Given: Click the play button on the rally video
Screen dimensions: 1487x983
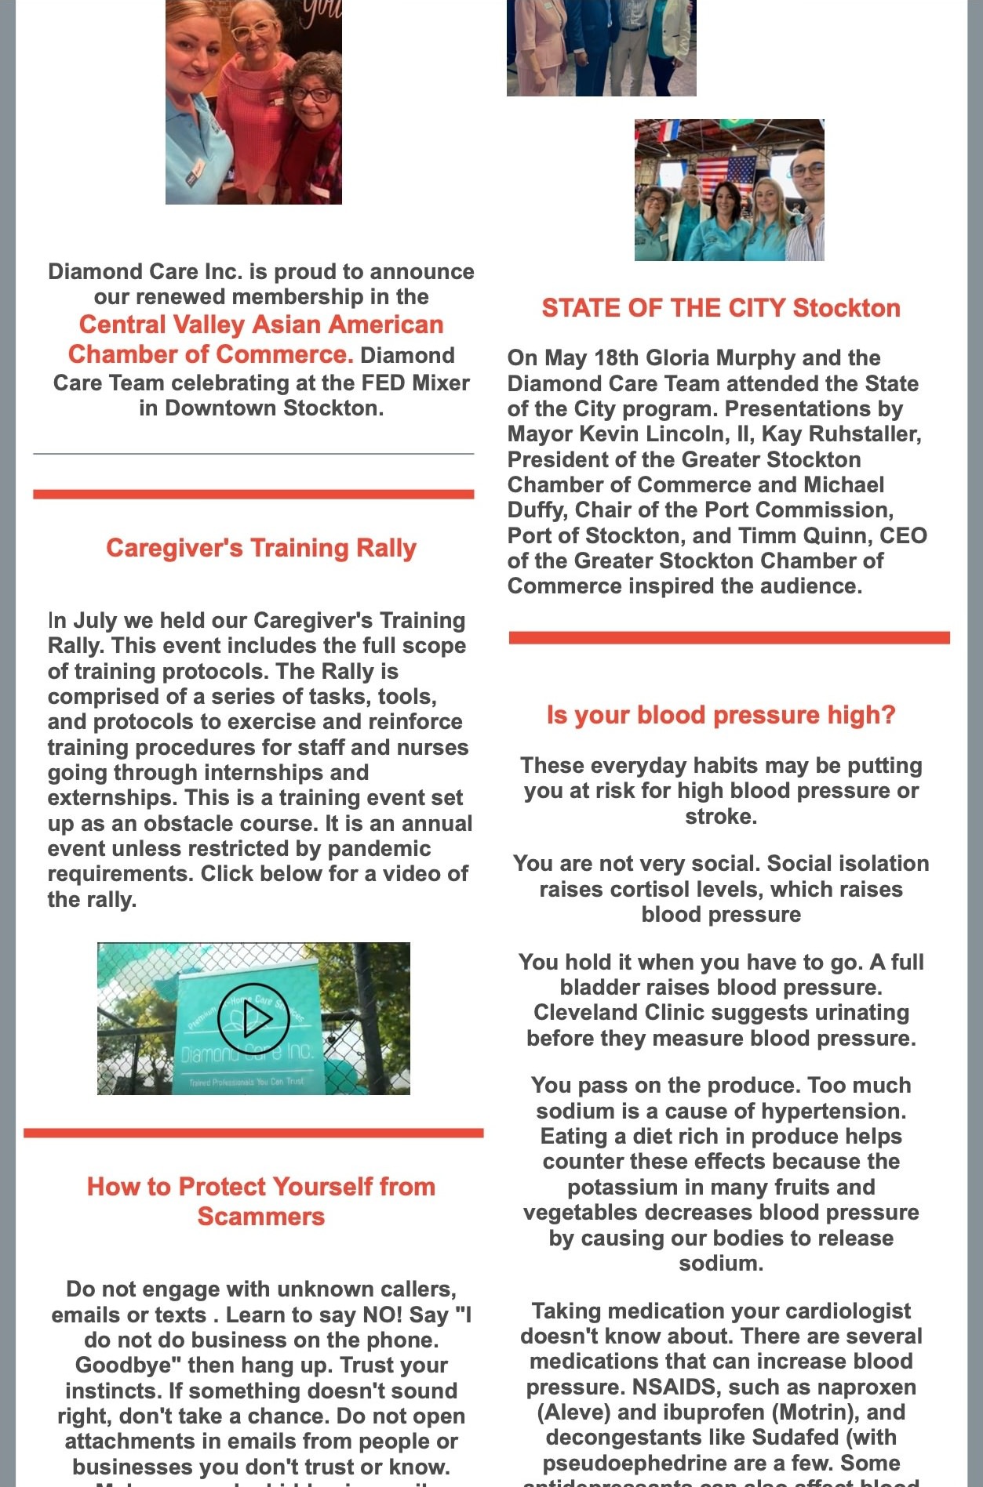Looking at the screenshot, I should [x=253, y=1017].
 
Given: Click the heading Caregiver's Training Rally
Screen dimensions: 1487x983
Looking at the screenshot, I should [x=261, y=548].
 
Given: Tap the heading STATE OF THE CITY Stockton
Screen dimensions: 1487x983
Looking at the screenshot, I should [x=720, y=308].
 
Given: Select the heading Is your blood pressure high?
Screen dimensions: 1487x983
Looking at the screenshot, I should [x=720, y=715].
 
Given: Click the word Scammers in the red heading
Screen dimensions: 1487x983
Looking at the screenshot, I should [x=261, y=1217].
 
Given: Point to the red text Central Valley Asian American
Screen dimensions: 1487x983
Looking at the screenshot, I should [x=261, y=325].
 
